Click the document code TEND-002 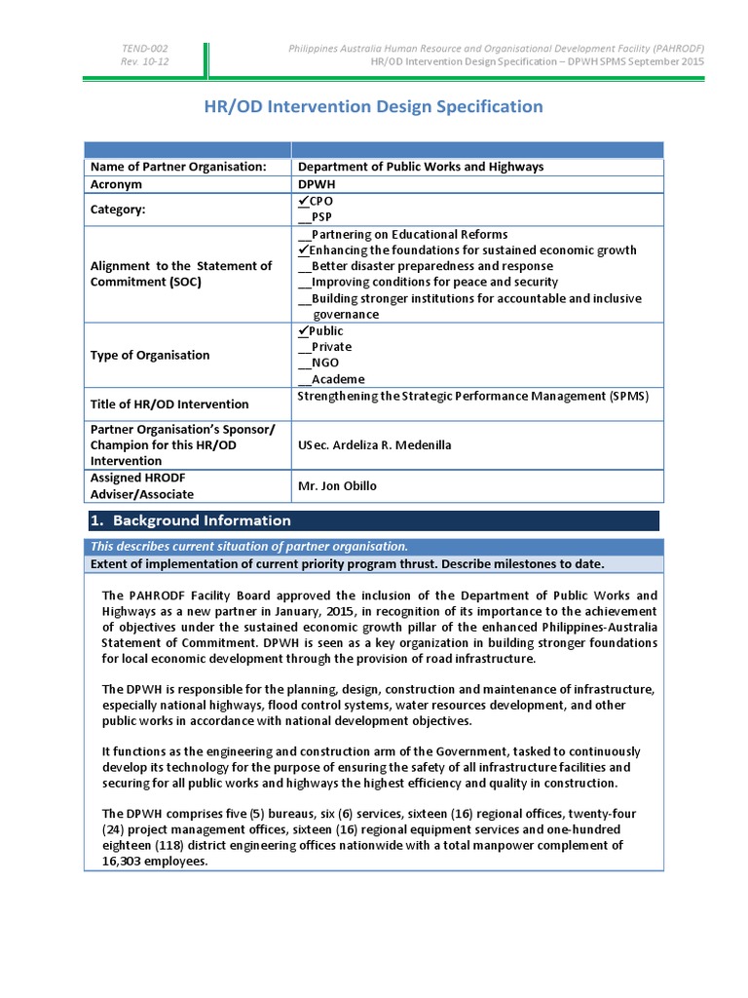click(x=144, y=49)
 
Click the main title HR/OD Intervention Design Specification click(x=374, y=106)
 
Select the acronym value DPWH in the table click(x=318, y=184)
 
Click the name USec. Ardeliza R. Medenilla click(x=374, y=445)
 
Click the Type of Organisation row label click(x=149, y=355)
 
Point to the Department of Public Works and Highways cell click(x=420, y=167)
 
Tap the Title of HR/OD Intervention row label click(x=169, y=403)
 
